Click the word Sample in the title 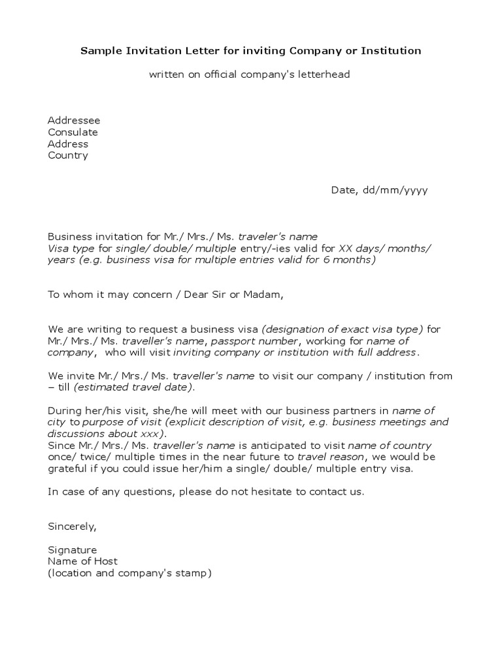tap(99, 50)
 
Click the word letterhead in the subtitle tap(325, 74)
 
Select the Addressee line tap(74, 120)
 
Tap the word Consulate tap(73, 132)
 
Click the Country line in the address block tap(67, 155)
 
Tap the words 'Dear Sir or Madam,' tap(233, 295)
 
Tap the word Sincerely tap(72, 527)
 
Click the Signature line tap(72, 550)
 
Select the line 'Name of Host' tap(82, 562)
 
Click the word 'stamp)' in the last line tap(195, 574)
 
